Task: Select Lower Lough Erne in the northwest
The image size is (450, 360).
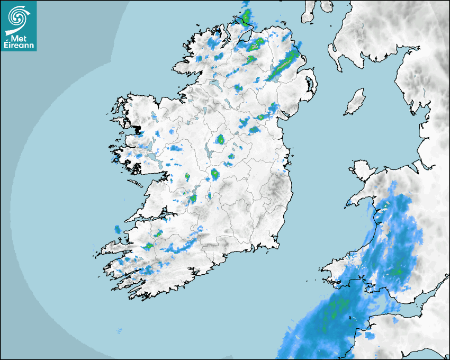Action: coord(215,84)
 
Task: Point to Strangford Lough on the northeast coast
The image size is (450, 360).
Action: coord(309,85)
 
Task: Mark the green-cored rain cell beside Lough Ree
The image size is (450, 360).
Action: coord(220,140)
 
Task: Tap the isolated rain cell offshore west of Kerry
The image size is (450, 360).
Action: coord(117,229)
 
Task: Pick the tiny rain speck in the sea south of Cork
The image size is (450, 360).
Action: coord(119,331)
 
